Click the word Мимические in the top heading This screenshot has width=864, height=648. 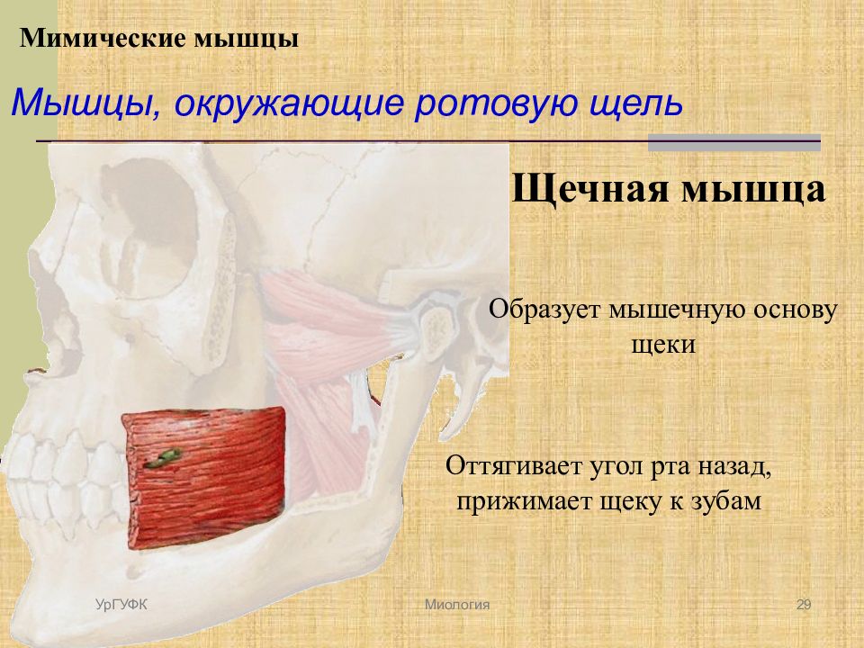click(x=102, y=39)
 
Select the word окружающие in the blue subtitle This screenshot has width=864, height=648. click(x=290, y=103)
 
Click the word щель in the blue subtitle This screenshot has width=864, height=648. click(x=636, y=104)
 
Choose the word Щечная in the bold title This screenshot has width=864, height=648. click(x=591, y=189)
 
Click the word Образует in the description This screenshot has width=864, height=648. click(x=544, y=310)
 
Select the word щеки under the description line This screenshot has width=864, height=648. click(x=663, y=346)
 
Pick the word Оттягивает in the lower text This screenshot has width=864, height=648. click(x=513, y=466)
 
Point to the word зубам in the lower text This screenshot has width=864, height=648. click(x=725, y=501)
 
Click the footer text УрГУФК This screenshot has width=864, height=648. click(x=121, y=605)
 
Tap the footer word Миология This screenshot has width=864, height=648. click(x=457, y=605)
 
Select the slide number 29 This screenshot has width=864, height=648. click(x=804, y=605)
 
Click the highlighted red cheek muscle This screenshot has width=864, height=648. click(x=205, y=477)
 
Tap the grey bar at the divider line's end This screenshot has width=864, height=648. click(x=734, y=143)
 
